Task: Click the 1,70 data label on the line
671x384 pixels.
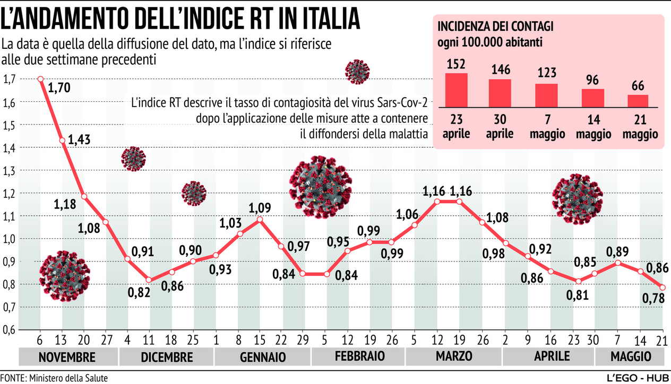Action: [59, 87]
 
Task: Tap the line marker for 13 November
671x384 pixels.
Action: [62, 141]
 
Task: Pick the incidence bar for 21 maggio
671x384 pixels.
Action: [638, 101]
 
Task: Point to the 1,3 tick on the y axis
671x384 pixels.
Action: [9, 170]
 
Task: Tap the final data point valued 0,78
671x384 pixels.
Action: [663, 287]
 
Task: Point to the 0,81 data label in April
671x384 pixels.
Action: [578, 295]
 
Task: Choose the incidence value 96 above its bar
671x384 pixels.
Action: [592, 81]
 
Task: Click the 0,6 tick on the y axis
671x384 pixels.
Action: [9, 330]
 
